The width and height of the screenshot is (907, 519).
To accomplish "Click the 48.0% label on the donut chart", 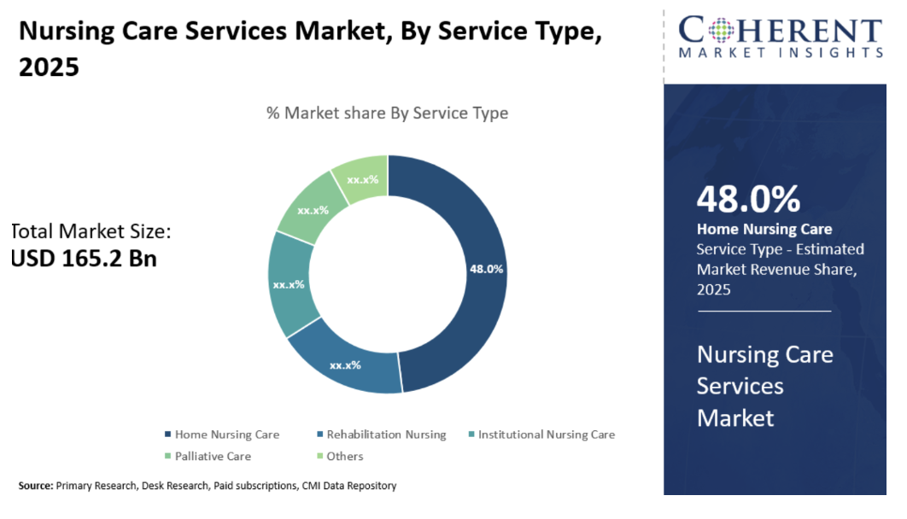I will click(x=486, y=269).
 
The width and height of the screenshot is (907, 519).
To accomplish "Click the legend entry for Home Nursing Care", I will click(x=227, y=434).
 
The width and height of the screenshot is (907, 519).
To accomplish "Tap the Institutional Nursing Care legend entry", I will click(x=546, y=434).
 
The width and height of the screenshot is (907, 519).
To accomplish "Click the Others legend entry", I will click(x=344, y=457).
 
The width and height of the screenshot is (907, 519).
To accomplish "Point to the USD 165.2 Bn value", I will click(x=84, y=259).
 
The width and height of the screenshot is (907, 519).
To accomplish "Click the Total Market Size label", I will click(x=92, y=231).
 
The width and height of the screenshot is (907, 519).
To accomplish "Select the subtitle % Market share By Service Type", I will click(x=387, y=113).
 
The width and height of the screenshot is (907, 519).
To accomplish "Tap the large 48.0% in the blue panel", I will click(x=748, y=198).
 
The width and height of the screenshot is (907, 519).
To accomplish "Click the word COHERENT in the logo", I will click(x=780, y=30).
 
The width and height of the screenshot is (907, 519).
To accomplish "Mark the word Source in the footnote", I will click(x=35, y=486).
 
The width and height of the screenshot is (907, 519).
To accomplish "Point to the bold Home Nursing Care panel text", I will click(x=764, y=229).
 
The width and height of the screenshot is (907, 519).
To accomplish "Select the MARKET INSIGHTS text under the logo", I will click(x=780, y=53).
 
